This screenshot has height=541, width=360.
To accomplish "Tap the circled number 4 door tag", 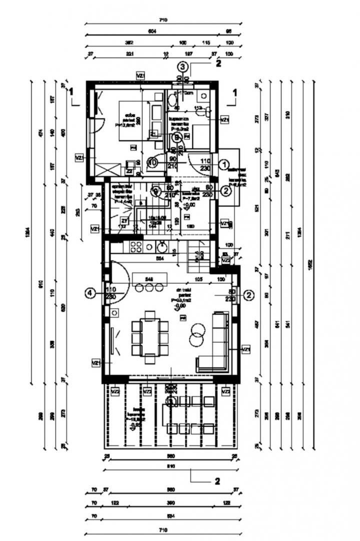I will point(91,295).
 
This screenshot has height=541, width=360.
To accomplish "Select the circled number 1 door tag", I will point(225,164).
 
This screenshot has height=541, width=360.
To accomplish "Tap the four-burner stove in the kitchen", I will point(136,246).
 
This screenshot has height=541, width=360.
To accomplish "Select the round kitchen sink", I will point(162,246).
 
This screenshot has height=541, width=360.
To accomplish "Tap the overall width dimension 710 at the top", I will point(163,20).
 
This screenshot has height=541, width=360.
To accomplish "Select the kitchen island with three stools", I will point(150,280).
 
